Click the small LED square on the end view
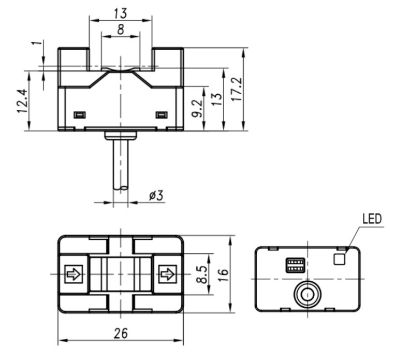pos(340,258)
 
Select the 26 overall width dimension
pos(121,333)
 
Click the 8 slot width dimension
pos(121,30)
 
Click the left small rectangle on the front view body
pos(79,114)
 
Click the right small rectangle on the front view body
pos(161,114)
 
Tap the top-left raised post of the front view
pos(74,58)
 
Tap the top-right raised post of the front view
pos(167,58)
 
